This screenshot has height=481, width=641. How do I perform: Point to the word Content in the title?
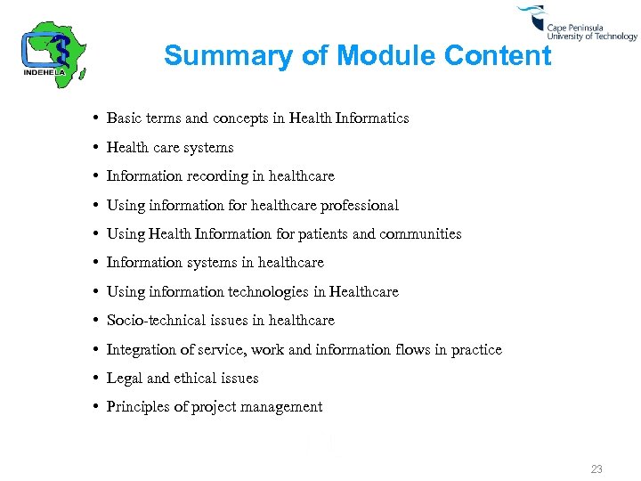click(498, 56)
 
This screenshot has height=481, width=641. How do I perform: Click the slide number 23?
click(596, 469)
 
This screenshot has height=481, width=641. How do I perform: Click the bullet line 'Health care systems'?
click(170, 148)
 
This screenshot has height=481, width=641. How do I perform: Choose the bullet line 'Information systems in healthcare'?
click(215, 263)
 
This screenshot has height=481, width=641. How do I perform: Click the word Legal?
click(125, 379)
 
